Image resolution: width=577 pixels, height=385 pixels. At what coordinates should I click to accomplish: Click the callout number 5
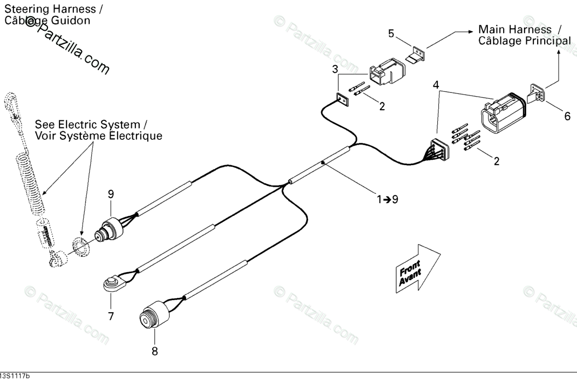click(x=391, y=33)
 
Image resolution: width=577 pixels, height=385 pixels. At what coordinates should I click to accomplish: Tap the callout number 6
click(x=567, y=116)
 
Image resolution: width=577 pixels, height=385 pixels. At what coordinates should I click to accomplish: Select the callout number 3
click(x=335, y=69)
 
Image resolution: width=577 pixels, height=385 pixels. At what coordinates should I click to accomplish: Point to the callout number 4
click(x=436, y=85)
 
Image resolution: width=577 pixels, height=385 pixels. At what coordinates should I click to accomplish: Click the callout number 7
click(x=111, y=316)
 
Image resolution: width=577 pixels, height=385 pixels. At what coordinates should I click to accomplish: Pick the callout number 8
click(x=154, y=351)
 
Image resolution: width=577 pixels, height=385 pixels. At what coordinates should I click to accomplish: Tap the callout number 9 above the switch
click(x=111, y=194)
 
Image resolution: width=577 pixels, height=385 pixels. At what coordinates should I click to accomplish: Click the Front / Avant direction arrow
click(x=418, y=268)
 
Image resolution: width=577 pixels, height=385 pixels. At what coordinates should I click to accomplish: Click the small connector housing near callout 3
click(x=387, y=71)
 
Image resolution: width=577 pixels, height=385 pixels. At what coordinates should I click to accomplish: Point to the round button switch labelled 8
click(x=154, y=315)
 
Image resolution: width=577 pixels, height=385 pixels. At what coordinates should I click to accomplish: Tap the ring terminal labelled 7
click(x=112, y=284)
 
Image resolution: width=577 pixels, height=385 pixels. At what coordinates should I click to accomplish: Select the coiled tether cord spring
click(x=31, y=181)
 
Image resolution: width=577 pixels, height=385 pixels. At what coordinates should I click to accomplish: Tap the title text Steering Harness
click(x=49, y=9)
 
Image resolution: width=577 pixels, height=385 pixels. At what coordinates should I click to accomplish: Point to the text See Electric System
click(x=87, y=124)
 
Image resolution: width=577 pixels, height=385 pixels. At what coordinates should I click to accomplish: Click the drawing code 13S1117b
click(x=15, y=376)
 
